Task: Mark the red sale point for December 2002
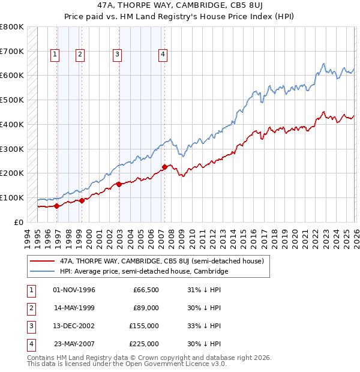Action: tap(119, 184)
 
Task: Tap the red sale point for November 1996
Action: tap(56, 206)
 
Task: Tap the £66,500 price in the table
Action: tap(146, 290)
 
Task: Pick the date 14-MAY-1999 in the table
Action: tap(74, 308)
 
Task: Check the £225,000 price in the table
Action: tap(144, 344)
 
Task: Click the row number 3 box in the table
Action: tap(30, 326)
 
